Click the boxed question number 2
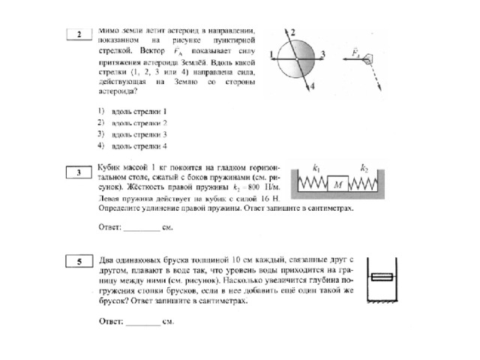(x=78, y=34)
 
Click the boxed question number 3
(x=78, y=173)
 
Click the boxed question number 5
(x=78, y=260)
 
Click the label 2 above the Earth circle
(x=293, y=31)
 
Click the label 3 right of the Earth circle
(x=322, y=53)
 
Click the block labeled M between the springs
(x=340, y=184)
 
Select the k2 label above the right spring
(x=364, y=167)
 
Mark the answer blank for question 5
(x=143, y=322)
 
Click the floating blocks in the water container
(x=382, y=278)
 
